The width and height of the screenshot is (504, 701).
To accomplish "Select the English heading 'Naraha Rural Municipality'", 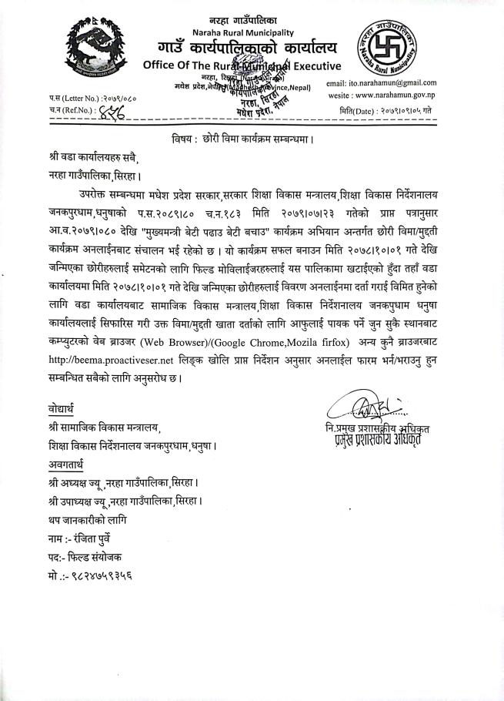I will click(x=242, y=32).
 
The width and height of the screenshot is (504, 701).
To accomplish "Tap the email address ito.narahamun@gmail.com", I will click(x=382, y=82).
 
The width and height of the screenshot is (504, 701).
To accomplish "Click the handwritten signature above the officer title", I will click(x=362, y=403).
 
